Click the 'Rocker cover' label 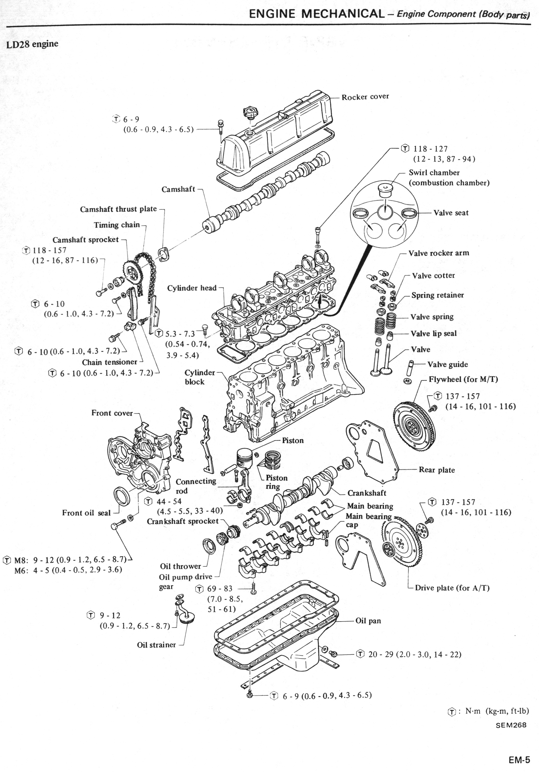[x=365, y=97]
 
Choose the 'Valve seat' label [x=451, y=213]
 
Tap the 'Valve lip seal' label [x=434, y=334]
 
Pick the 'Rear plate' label [x=437, y=470]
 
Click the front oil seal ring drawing [x=122, y=496]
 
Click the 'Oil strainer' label [x=156, y=645]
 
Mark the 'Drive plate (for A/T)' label [x=452, y=588]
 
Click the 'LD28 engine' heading [x=32, y=44]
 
